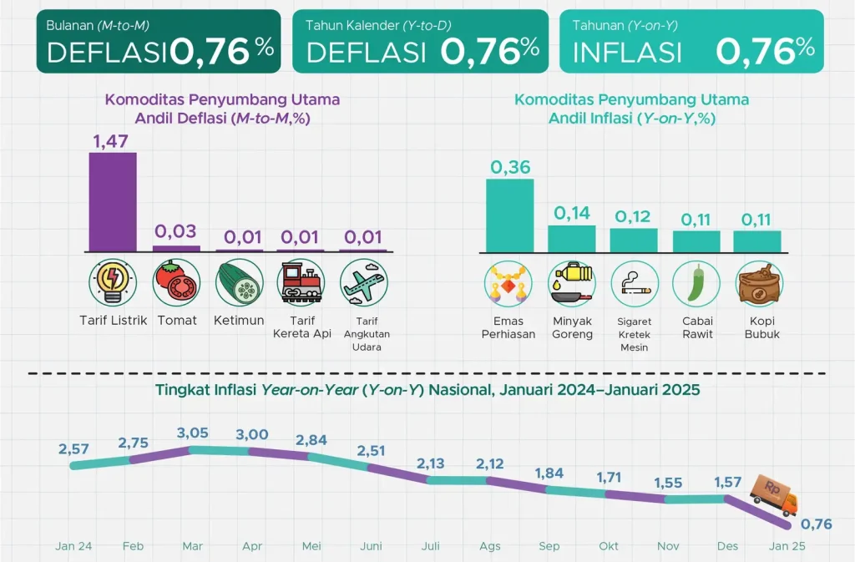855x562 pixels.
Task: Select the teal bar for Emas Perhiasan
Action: pos(510,215)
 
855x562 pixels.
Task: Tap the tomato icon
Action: pos(176,283)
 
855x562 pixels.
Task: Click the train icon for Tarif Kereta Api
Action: pos(301,283)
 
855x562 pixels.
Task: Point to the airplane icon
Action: pos(363,283)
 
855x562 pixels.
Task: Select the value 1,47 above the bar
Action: pos(112,140)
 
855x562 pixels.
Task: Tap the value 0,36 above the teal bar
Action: pos(510,167)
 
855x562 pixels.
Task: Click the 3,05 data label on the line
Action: pos(192,433)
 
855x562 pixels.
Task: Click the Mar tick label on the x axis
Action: pos(192,546)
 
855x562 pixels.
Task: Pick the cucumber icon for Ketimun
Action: pos(239,283)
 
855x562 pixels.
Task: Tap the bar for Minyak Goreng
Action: pos(572,239)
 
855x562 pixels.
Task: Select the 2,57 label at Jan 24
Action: pos(73,448)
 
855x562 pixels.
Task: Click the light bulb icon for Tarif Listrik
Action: pos(113,283)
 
